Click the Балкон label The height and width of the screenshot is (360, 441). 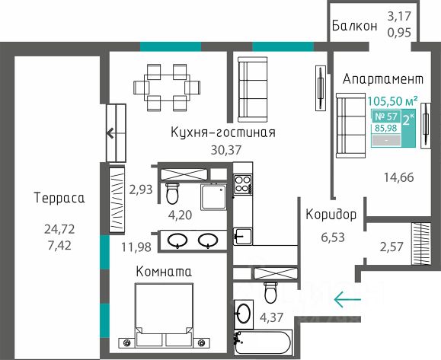coord(354,26)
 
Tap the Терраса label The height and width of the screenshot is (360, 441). coord(59,198)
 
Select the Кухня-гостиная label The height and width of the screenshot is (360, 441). coord(223,132)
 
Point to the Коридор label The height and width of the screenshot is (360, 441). coord(331,215)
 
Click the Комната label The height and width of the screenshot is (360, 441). coord(164,272)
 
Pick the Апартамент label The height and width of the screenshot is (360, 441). coord(383,79)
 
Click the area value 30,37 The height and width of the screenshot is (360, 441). coord(226,150)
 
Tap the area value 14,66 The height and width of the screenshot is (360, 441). coord(399,177)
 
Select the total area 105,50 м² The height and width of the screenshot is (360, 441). coord(392,100)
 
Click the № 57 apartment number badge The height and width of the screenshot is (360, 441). coord(386,116)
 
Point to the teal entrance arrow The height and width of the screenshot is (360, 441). coord(347,299)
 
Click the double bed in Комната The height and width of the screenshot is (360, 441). coord(164,315)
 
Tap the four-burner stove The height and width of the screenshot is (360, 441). coord(243,183)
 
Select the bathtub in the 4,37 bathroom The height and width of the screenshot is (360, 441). coord(263,342)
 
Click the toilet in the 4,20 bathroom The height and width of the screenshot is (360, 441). coord(172,193)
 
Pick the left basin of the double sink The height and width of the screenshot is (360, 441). coord(177,241)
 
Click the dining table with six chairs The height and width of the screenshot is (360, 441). coord(167,88)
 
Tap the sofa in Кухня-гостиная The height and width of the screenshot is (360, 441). coord(252,89)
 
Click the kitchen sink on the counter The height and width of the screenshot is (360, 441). coord(243,236)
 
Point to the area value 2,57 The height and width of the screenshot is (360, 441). coord(391,247)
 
